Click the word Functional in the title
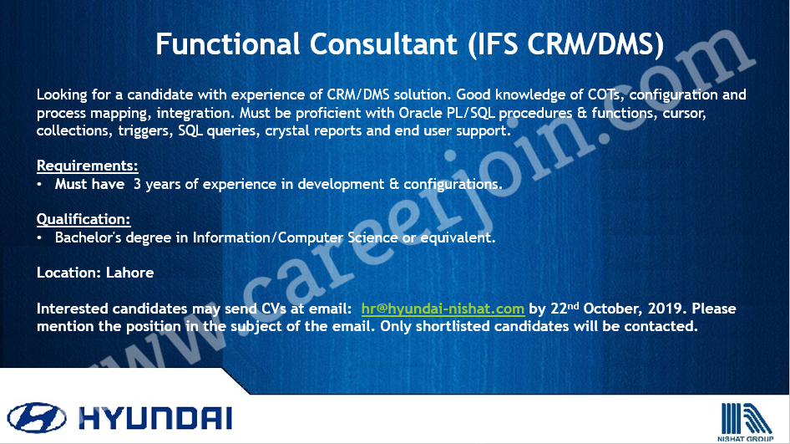tap(228, 43)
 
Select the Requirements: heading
tap(87, 166)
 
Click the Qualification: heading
tap(84, 219)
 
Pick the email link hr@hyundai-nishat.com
tap(443, 309)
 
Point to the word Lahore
tap(130, 273)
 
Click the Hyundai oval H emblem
tap(36, 418)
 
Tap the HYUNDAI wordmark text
tap(155, 418)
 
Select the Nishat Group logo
tap(746, 421)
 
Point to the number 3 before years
tap(137, 184)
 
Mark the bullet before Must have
tap(39, 185)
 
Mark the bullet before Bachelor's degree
tap(39, 238)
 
